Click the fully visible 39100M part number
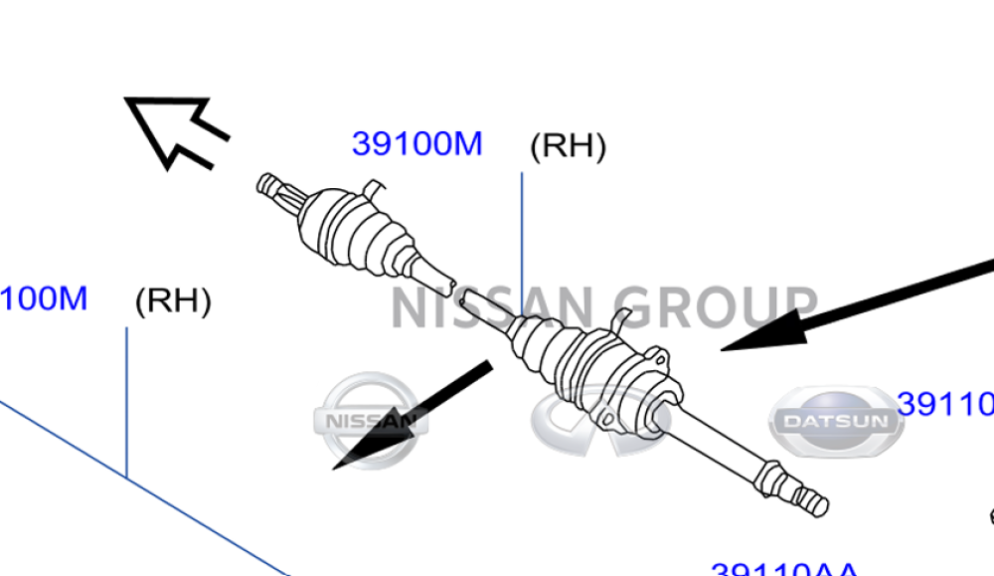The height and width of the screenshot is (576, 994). (x=416, y=144)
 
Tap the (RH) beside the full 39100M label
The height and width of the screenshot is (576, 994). (x=568, y=146)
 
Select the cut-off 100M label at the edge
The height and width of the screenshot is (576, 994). (x=44, y=297)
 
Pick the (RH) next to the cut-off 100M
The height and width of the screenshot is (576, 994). (x=173, y=300)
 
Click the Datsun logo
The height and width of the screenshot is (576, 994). (x=836, y=421)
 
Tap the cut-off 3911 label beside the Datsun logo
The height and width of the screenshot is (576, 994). (x=944, y=404)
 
